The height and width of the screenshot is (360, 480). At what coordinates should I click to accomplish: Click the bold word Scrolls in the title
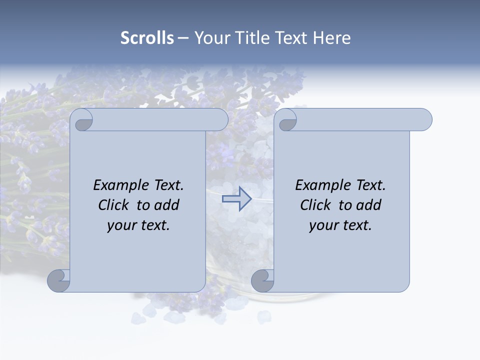(x=147, y=38)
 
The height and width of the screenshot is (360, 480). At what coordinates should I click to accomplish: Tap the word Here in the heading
(x=331, y=38)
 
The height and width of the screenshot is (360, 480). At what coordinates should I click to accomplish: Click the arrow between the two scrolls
(x=236, y=199)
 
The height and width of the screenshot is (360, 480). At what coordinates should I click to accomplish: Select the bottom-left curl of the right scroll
(x=262, y=280)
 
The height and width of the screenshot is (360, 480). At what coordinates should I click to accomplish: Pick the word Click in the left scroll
(x=115, y=205)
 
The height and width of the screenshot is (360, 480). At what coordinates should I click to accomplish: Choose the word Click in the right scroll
(x=317, y=205)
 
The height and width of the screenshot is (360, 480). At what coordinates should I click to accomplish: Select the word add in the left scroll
(x=166, y=205)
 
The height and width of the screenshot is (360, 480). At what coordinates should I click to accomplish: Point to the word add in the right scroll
(x=368, y=205)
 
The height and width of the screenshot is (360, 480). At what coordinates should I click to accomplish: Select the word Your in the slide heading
(x=211, y=38)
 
